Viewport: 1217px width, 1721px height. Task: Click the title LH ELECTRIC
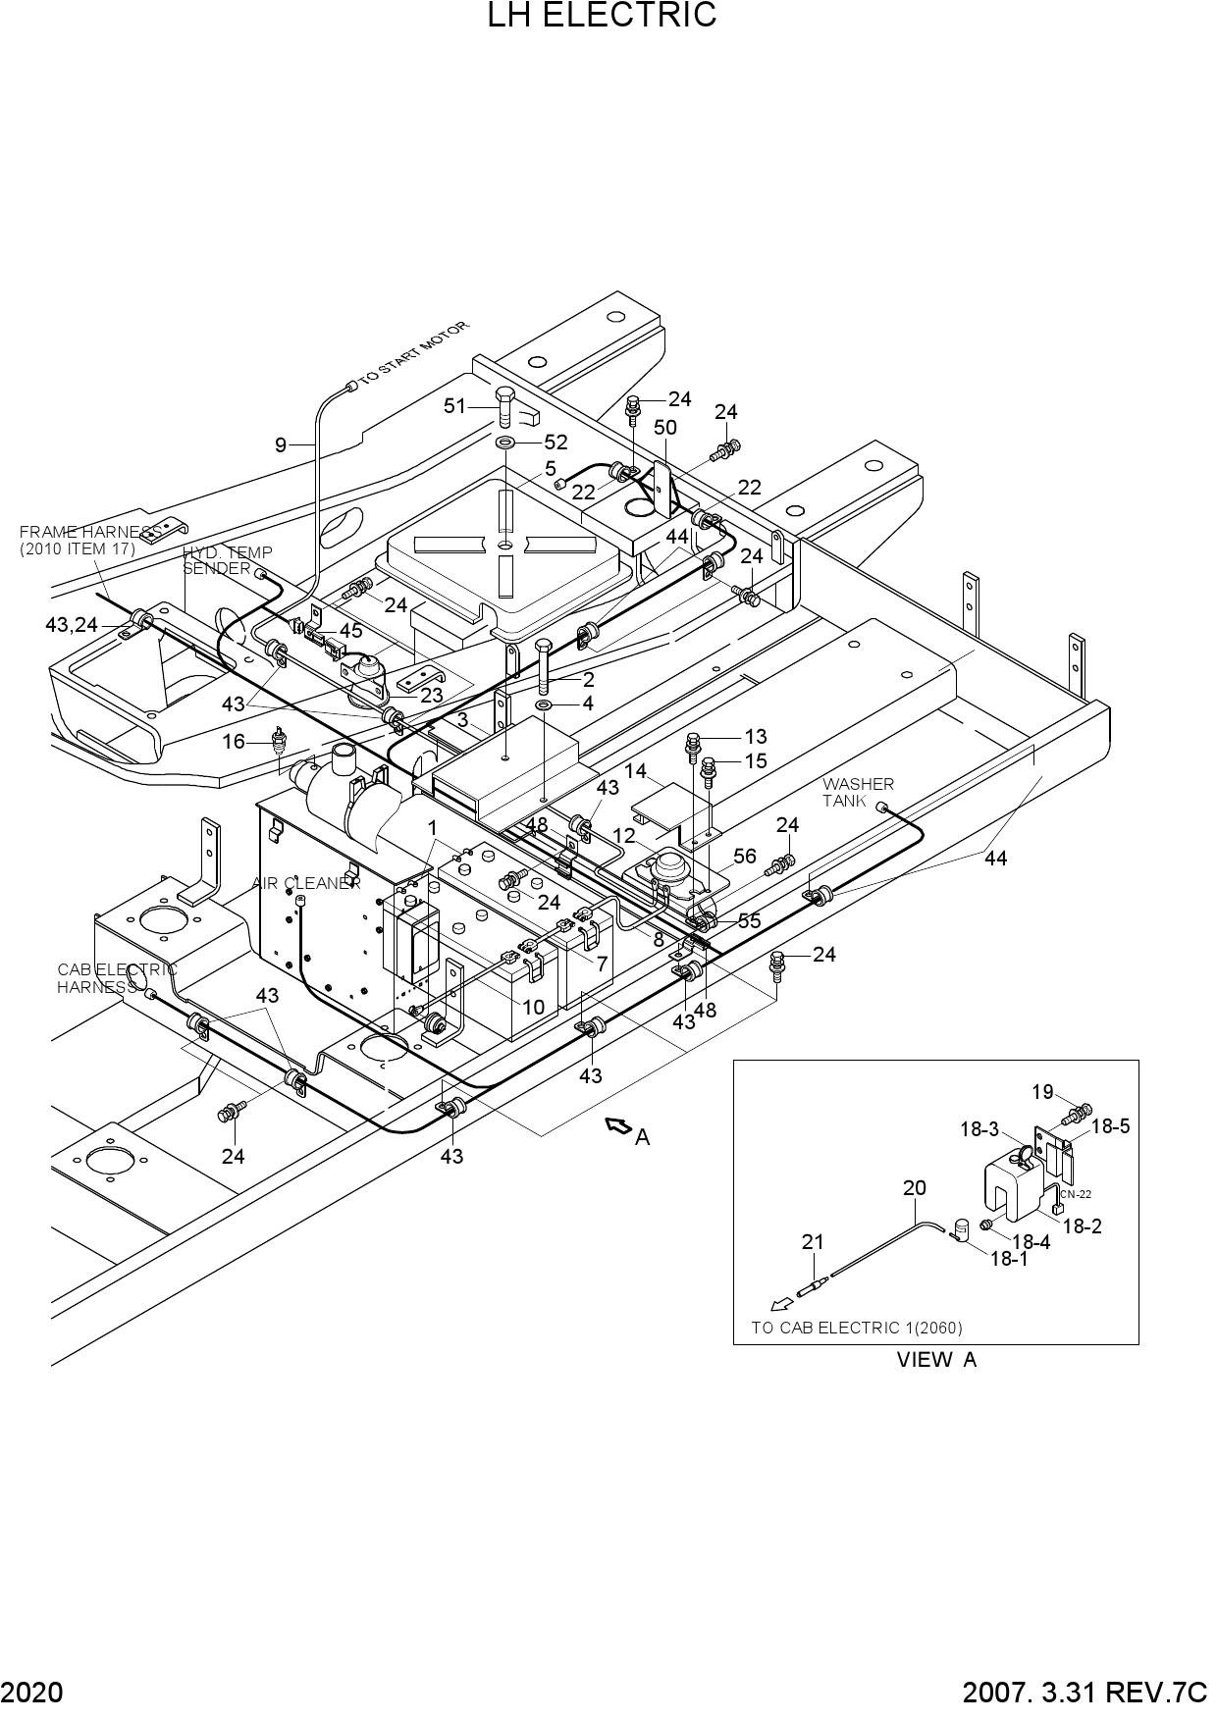[603, 16]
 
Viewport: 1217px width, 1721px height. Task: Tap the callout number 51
[454, 405]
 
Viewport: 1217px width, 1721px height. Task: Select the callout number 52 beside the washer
[556, 443]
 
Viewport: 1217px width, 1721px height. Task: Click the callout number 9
[281, 445]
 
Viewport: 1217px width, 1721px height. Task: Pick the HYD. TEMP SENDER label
[227, 560]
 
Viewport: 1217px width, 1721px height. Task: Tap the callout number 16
[234, 742]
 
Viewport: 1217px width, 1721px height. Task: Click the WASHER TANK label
[858, 792]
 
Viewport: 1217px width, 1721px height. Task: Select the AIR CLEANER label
[306, 883]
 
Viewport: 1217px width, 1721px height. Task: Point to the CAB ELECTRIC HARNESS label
[117, 978]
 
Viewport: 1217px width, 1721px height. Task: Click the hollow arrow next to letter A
[618, 1126]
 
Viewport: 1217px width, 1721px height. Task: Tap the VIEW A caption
[936, 1360]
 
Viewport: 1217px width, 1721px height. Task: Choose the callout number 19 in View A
[1042, 1092]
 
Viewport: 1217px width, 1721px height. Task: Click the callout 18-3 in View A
[979, 1130]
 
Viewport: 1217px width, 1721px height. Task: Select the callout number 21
[813, 1242]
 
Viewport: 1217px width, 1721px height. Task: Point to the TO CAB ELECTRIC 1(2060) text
[857, 1328]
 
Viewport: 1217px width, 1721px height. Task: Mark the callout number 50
[664, 427]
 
